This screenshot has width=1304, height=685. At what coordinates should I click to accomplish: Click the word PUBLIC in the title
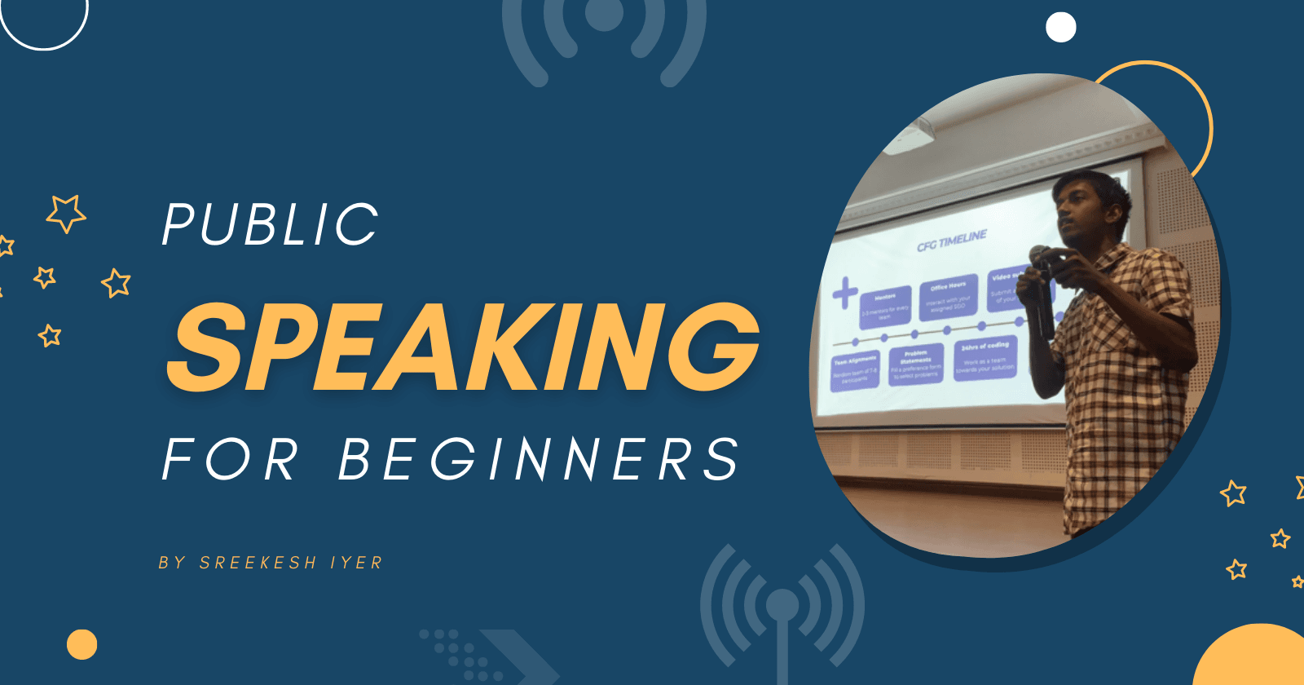pos(271,224)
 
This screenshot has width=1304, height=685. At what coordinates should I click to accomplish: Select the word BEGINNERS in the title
pos(539,459)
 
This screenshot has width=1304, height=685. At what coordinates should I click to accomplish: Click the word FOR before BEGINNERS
pos(231,459)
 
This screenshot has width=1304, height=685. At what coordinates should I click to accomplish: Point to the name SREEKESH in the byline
pos(258,563)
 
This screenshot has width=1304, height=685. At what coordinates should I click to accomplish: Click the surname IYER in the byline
pos(356,563)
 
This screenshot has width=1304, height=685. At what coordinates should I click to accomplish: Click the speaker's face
pos(1083,212)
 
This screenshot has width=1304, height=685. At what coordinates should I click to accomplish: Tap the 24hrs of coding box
pos(985,358)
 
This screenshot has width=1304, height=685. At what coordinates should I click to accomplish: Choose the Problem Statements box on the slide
pos(915,364)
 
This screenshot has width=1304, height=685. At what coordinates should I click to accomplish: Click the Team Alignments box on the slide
pos(855,369)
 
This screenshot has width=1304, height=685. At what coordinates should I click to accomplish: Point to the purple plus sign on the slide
pos(845,292)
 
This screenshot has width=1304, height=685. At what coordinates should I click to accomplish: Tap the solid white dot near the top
pos(1060,27)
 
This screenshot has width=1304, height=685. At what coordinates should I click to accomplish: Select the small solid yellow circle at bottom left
pos(81,644)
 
